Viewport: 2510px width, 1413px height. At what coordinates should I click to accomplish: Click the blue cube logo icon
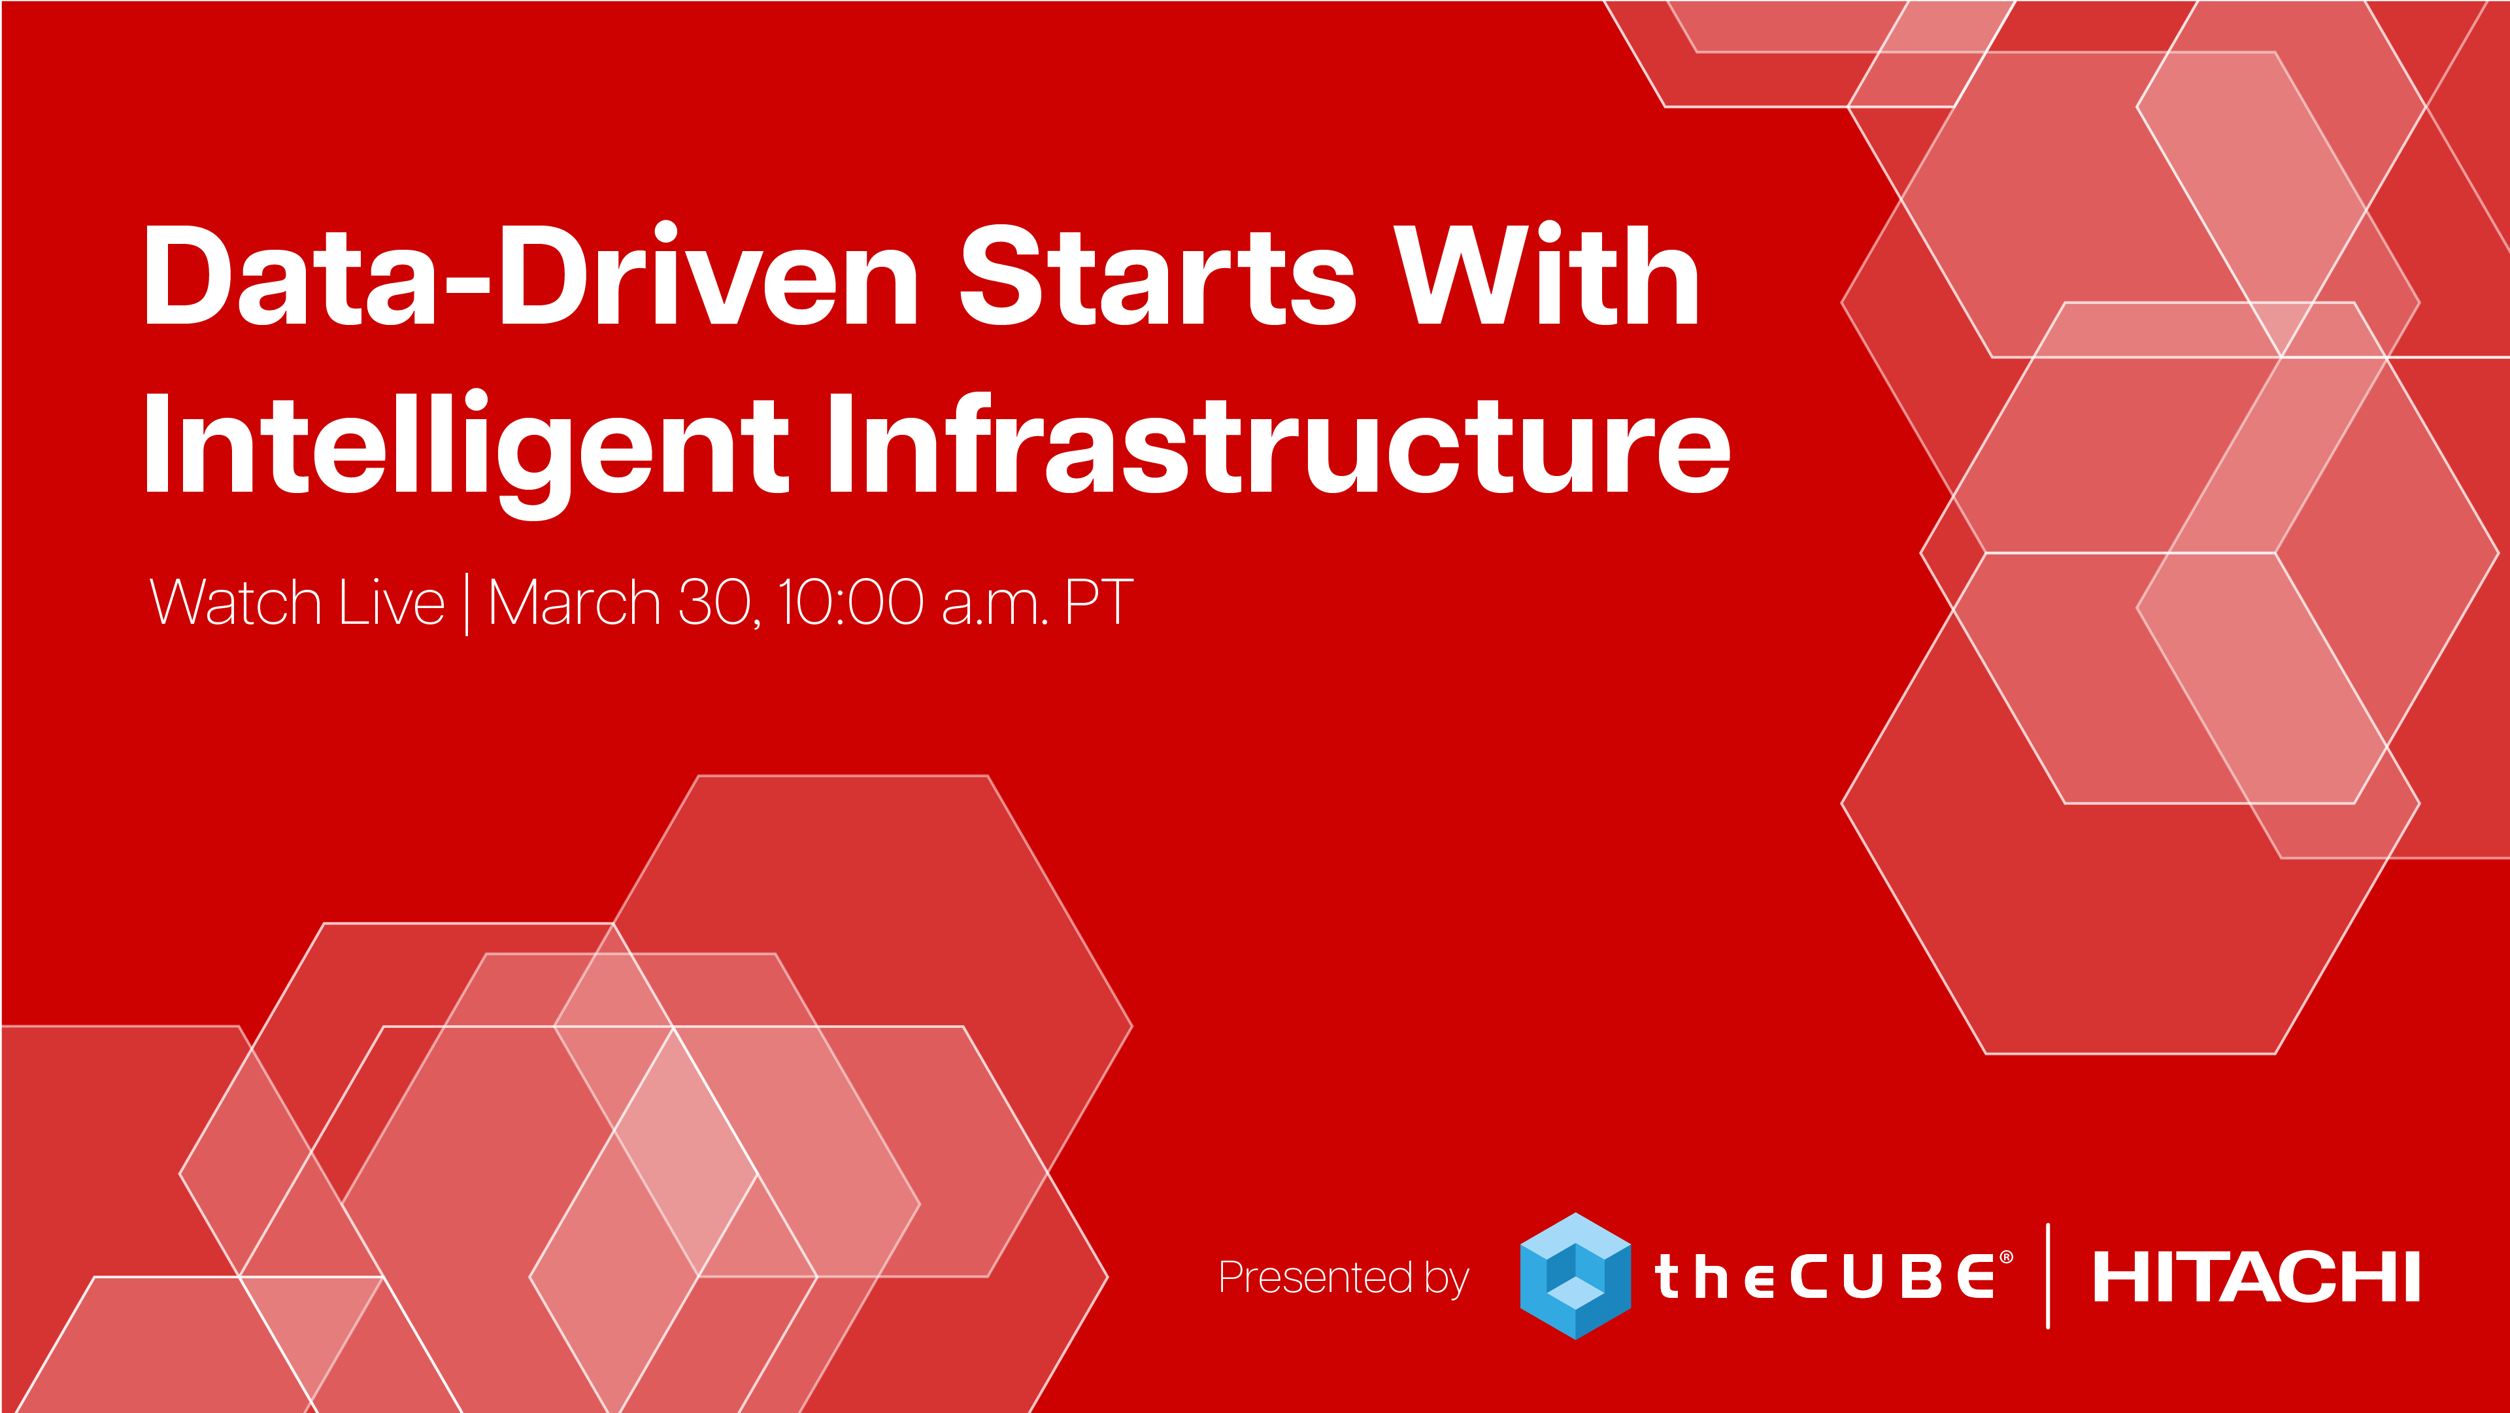[1575, 1276]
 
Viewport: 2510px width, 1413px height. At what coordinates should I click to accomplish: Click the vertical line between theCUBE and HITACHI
[2048, 1276]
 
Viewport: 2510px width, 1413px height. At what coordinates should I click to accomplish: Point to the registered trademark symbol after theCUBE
[2006, 1258]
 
